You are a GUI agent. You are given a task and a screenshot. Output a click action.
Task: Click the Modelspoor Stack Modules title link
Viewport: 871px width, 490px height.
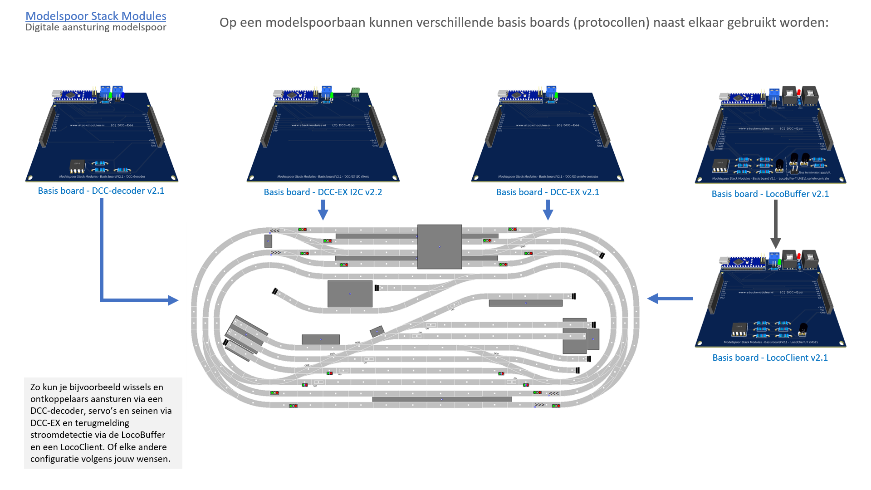(96, 16)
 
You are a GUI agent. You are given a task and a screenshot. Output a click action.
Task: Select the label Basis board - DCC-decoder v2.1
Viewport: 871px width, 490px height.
(101, 191)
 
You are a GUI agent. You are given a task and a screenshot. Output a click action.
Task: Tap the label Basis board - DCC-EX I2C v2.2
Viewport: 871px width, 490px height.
(323, 192)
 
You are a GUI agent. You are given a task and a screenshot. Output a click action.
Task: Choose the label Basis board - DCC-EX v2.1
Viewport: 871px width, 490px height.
(548, 192)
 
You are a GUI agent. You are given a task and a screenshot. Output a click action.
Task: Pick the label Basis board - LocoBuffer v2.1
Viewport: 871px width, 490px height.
(770, 194)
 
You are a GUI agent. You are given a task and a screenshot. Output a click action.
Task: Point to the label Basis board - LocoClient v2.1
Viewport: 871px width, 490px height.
(770, 358)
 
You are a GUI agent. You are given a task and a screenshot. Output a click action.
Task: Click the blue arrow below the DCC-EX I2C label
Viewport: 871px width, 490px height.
(323, 210)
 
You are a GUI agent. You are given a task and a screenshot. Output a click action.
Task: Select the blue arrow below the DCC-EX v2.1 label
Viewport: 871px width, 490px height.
(548, 210)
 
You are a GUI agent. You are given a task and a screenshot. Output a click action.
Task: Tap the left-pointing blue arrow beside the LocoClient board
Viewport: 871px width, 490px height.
(670, 299)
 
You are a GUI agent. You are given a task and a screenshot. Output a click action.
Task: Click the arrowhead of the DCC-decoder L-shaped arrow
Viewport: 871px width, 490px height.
(173, 300)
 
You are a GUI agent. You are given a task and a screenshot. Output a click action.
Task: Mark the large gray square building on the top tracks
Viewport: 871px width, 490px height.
(439, 247)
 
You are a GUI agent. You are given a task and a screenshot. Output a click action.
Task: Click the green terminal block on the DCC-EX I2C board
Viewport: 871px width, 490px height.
(355, 93)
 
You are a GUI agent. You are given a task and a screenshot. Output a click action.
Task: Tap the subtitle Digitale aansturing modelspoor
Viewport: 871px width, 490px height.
(96, 27)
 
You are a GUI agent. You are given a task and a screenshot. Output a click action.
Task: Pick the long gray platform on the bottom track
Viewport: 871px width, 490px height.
(441, 399)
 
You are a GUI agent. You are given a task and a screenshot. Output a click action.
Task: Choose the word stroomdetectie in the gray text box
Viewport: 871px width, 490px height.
(61, 435)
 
